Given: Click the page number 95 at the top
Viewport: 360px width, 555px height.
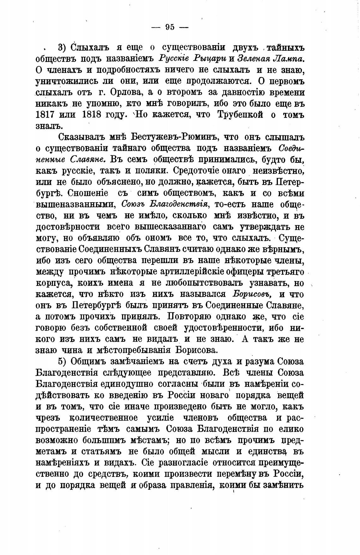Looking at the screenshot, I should [x=170, y=27].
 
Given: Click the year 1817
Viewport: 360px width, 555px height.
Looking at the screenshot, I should [x=46, y=114].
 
